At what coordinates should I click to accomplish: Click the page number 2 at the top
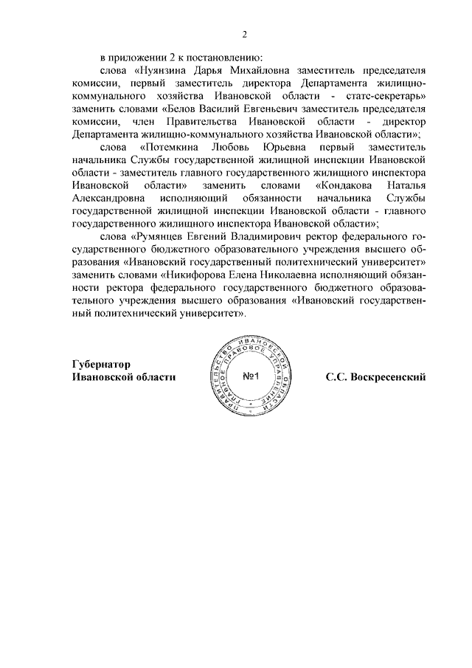coord(244,33)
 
